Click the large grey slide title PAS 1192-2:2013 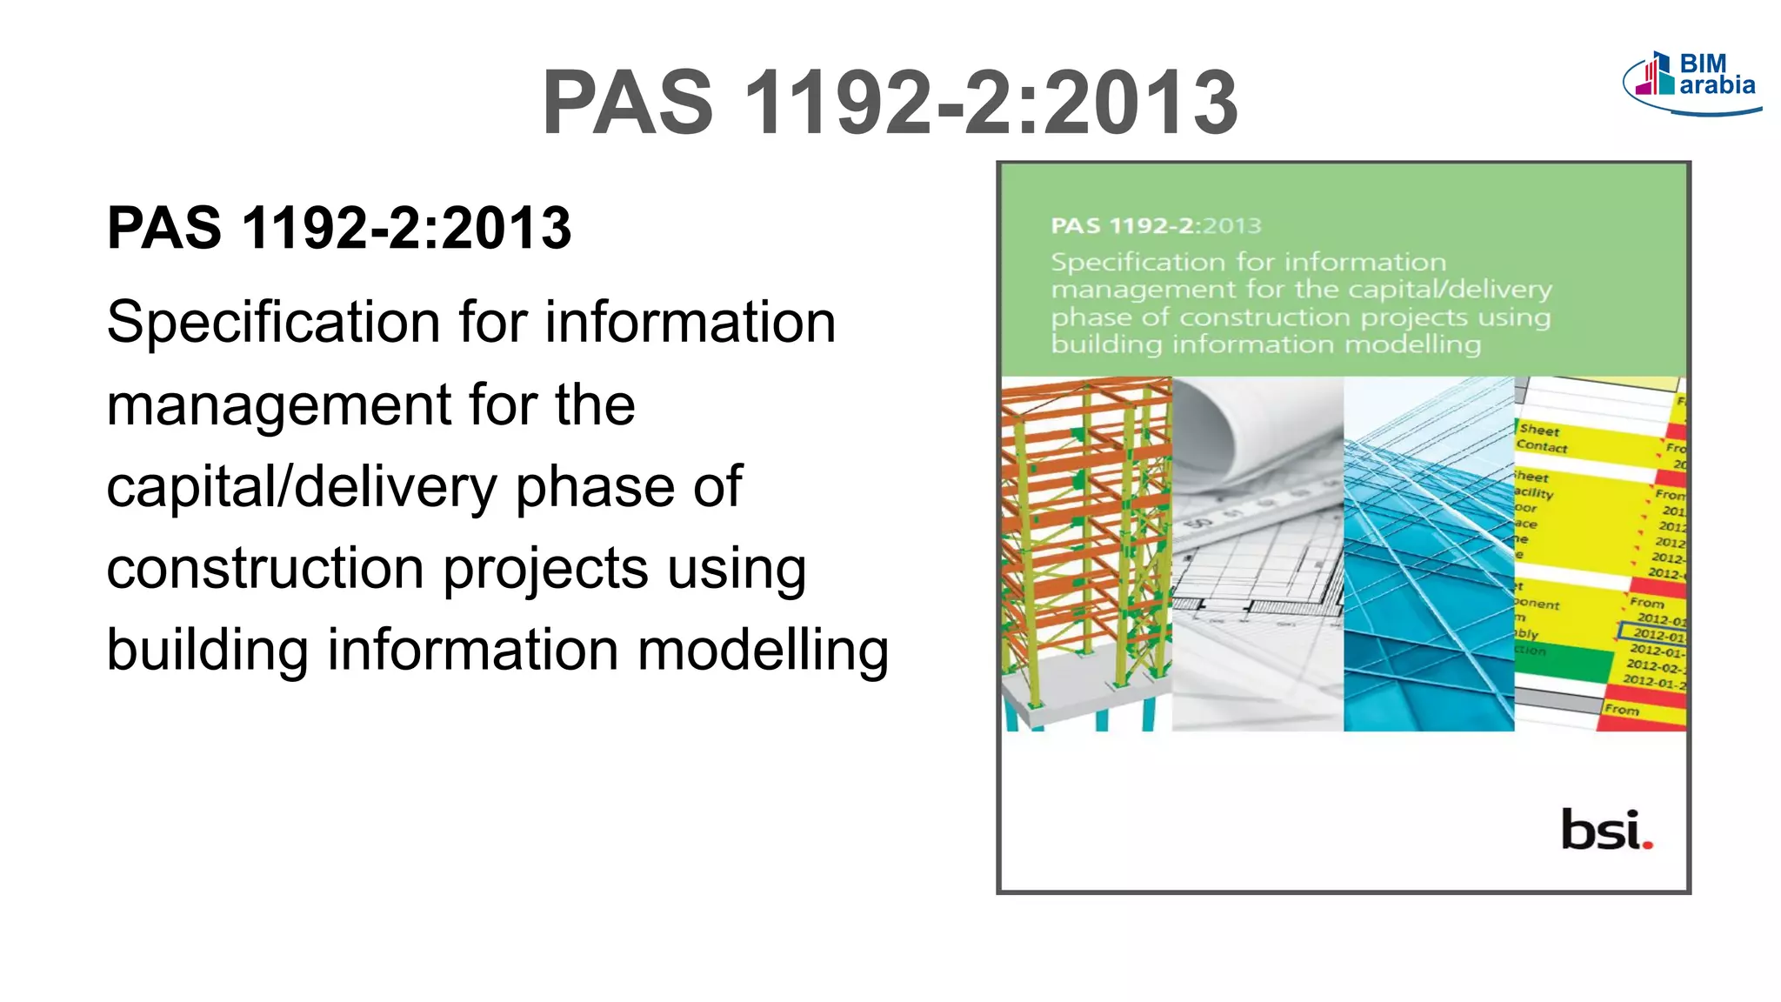click(x=890, y=103)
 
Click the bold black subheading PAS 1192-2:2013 click(x=339, y=228)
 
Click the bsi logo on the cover click(x=1604, y=830)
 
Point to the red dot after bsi click(x=1648, y=844)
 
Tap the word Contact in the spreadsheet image click(x=1542, y=447)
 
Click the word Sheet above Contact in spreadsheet click(x=1538, y=430)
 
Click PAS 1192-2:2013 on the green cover click(x=1155, y=226)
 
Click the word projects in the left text click(x=545, y=569)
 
